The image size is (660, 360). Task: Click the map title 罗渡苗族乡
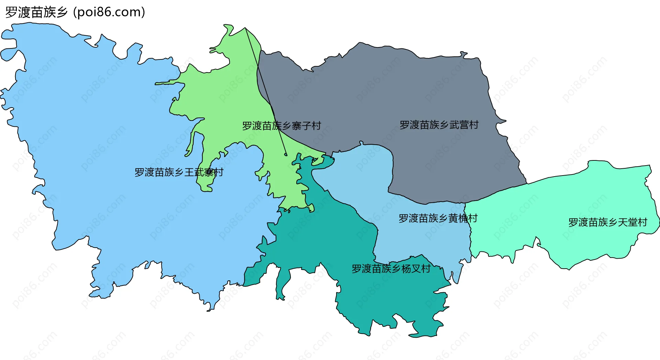tap(36, 12)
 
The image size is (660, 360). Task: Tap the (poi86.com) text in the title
tap(109, 12)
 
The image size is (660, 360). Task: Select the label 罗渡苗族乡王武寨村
tap(179, 172)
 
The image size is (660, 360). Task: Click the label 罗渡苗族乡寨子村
tap(281, 126)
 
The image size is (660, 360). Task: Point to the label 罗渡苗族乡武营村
tap(439, 125)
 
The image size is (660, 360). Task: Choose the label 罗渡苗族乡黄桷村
tap(438, 218)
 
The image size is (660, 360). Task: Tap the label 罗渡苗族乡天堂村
tap(607, 222)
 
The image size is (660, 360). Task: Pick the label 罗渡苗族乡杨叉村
tap(391, 269)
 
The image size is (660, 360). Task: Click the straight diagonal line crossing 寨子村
tap(265, 89)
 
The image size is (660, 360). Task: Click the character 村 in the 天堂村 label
tap(642, 222)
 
